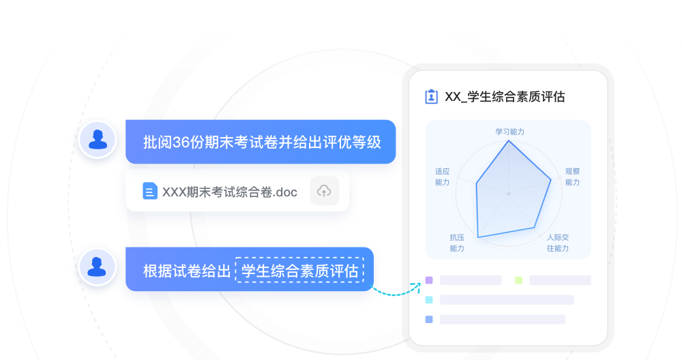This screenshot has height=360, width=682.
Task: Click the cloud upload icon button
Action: pyautogui.click(x=324, y=191)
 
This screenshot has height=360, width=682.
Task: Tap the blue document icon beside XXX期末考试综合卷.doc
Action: pyautogui.click(x=149, y=191)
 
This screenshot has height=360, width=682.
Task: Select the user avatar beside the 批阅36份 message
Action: pyautogui.click(x=98, y=140)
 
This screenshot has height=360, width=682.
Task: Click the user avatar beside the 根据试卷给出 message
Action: pyautogui.click(x=97, y=267)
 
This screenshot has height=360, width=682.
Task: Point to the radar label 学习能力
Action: pyautogui.click(x=509, y=132)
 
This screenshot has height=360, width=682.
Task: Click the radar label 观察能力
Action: pyautogui.click(x=572, y=177)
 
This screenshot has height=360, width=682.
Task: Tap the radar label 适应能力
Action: pyautogui.click(x=443, y=177)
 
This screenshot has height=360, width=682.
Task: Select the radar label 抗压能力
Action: pyautogui.click(x=457, y=243)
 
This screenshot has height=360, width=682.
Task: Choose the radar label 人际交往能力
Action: pyautogui.click(x=558, y=243)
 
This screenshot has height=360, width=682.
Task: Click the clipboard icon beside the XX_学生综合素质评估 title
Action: pyautogui.click(x=431, y=97)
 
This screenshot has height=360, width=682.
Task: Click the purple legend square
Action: pyautogui.click(x=429, y=280)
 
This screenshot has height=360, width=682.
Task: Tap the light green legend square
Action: pyautogui.click(x=518, y=280)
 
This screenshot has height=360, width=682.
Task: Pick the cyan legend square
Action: pyautogui.click(x=429, y=299)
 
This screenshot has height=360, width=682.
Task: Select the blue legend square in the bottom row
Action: pyautogui.click(x=429, y=320)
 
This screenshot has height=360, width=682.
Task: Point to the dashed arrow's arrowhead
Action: pyautogui.click(x=417, y=285)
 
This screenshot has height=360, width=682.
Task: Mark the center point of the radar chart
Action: pyautogui.click(x=509, y=194)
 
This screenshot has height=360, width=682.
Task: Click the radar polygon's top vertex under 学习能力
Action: pyautogui.click(x=509, y=140)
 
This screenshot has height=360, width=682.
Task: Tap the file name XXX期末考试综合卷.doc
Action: pyautogui.click(x=230, y=192)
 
